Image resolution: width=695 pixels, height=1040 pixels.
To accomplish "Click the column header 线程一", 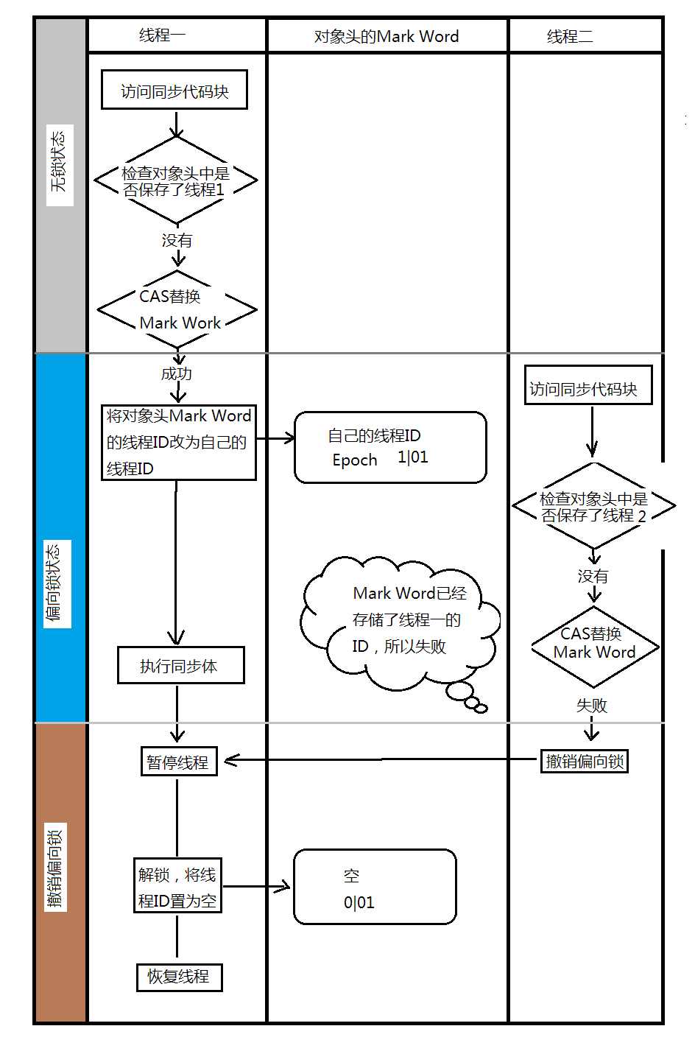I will pos(163,35).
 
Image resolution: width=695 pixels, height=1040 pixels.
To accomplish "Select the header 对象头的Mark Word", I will pos(387,36).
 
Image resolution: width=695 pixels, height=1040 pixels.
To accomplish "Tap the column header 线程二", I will pos(570,36).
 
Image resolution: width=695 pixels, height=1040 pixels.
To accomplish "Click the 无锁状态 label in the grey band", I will pos(59,164).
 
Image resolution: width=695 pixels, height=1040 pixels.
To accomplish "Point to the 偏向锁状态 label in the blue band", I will pos(56,583).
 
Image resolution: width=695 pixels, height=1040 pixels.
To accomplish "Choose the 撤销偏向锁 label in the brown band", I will pos(55,868).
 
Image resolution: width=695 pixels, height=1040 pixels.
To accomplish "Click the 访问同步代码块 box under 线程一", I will pos(174,91).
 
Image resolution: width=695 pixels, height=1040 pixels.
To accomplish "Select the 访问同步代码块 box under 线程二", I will pos(588,385).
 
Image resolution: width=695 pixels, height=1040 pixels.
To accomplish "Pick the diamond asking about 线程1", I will pos(176,181).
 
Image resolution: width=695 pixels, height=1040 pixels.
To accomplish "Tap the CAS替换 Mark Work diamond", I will pos(177,309).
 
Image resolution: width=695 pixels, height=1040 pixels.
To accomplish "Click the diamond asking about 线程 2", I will pos(593,507).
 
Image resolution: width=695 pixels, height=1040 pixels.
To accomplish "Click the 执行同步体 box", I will pos(180,665).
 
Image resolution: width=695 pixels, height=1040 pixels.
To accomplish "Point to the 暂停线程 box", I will pos(179,762).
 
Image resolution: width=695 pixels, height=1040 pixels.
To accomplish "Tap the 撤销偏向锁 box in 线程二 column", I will pos(585,761).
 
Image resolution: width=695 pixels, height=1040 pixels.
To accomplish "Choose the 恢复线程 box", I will pos(179,977).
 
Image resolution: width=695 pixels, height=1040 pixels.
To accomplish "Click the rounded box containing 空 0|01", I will pos(375,887).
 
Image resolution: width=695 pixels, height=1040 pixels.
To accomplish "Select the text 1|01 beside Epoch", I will pos(413,457).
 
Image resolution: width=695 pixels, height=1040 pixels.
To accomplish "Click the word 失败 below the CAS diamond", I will pos(591,706).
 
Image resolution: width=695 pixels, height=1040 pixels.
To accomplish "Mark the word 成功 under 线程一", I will pos(177,373).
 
